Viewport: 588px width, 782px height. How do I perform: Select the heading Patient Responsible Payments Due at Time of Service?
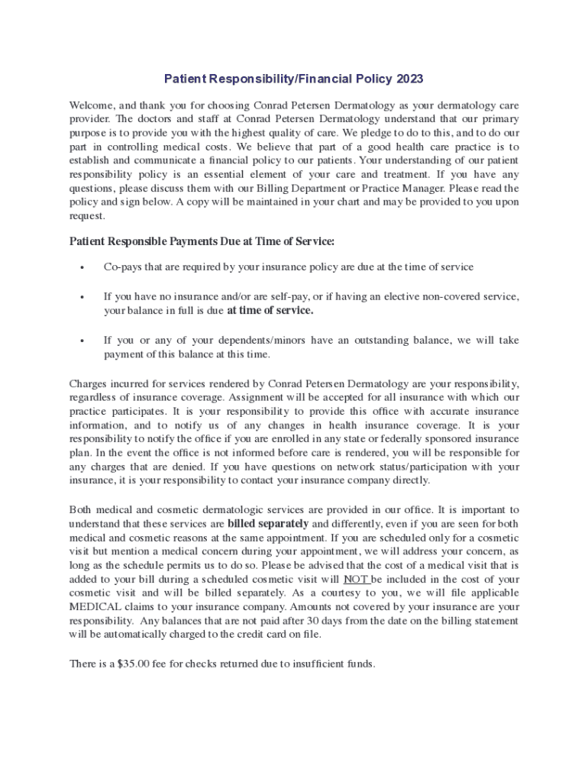click(x=202, y=241)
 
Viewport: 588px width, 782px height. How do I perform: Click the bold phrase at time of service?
click(x=270, y=311)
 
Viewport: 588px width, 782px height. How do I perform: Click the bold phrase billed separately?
click(x=268, y=524)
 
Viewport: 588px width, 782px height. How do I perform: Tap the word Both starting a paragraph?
click(x=82, y=510)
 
